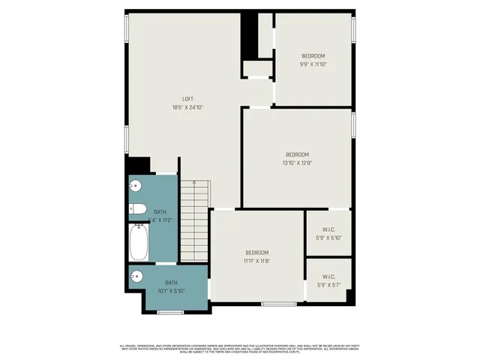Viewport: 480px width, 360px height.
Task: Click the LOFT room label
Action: click(187, 99)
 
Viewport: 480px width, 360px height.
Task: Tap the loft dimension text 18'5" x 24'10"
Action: click(187, 107)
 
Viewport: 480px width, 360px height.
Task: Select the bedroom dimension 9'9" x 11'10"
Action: click(313, 64)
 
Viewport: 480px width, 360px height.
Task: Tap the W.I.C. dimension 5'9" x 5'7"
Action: click(328, 285)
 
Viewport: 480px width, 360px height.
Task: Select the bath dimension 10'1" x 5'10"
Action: click(170, 290)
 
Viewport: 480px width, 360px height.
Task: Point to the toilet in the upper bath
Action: click(137, 210)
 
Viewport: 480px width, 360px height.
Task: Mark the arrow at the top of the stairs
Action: click(194, 183)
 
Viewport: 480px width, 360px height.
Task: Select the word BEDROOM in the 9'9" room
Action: click(313, 56)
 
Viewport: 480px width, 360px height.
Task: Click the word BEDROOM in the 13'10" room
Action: click(297, 154)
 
